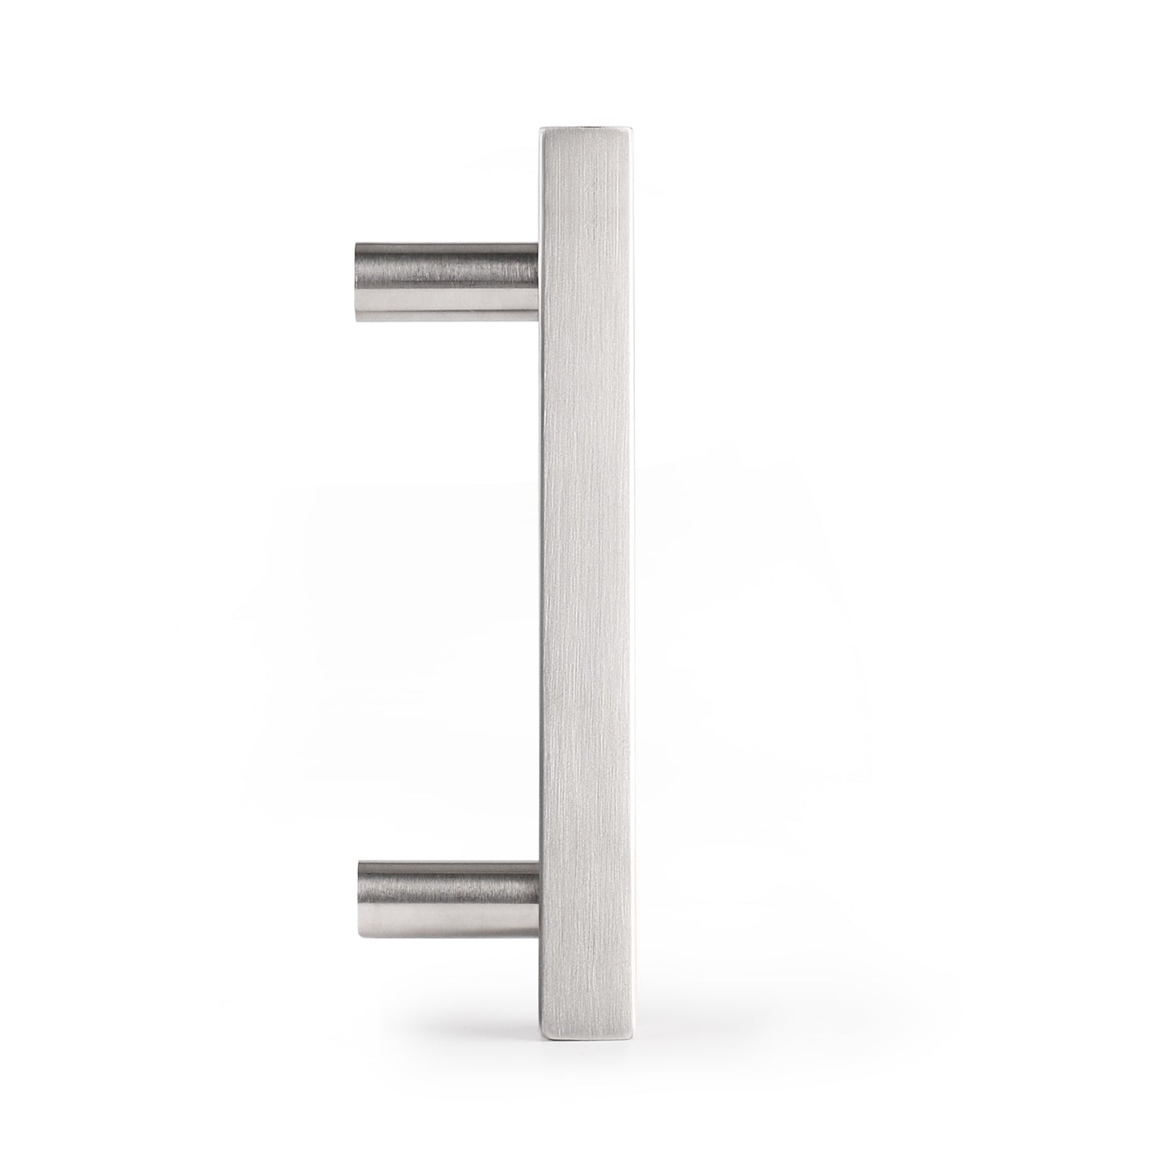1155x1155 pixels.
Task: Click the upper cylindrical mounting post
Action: click(x=445, y=283)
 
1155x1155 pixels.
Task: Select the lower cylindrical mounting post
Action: click(x=448, y=901)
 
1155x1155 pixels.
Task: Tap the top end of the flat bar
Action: click(x=585, y=129)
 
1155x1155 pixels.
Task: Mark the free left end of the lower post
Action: click(x=360, y=901)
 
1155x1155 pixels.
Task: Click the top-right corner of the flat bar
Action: click(x=631, y=126)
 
